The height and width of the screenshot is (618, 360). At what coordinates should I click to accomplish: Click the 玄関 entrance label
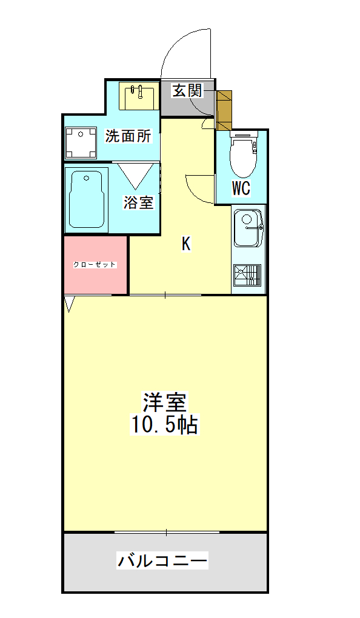coord(187,91)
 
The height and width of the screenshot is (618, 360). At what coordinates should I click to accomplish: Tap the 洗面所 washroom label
coord(128,136)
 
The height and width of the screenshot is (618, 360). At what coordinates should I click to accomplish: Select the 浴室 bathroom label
coord(138,202)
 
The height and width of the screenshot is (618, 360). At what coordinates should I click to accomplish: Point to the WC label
coord(241,188)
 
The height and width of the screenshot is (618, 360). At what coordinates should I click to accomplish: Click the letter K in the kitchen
coord(186,244)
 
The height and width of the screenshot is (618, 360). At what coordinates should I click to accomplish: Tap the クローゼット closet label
coord(95,264)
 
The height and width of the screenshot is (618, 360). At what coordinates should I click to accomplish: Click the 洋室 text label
coord(164,402)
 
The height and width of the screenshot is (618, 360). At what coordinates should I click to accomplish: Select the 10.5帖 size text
coord(164,424)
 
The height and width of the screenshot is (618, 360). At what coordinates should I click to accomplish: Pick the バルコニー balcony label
coord(162,560)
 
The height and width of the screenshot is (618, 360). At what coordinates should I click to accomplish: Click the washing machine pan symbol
coord(81,142)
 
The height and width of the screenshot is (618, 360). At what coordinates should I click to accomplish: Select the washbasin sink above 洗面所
coord(139,96)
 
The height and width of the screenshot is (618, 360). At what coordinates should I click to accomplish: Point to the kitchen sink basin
coord(248,228)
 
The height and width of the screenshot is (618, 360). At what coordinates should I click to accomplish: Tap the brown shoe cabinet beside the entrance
coord(224,111)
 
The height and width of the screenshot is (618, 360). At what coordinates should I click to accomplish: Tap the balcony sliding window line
coord(167,533)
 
